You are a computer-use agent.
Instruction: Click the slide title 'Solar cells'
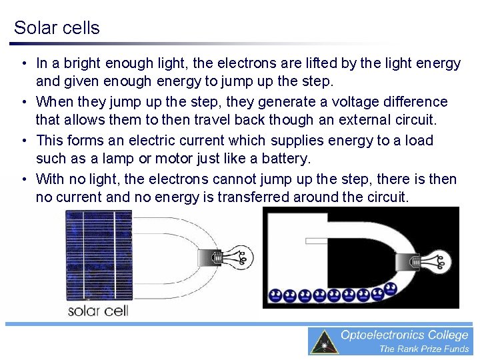[x=57, y=28]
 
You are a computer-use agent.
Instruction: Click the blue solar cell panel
[x=98, y=256]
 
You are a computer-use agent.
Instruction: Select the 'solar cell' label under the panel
[x=98, y=311]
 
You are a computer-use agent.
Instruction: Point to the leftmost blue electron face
[x=274, y=295]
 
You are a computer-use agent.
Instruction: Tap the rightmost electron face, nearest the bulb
[x=391, y=289]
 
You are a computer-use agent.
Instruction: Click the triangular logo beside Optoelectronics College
[x=325, y=342]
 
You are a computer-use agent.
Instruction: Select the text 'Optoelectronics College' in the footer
[x=405, y=335]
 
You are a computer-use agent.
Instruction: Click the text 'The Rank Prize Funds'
[x=424, y=349]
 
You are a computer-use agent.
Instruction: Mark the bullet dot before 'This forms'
[x=23, y=141]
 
